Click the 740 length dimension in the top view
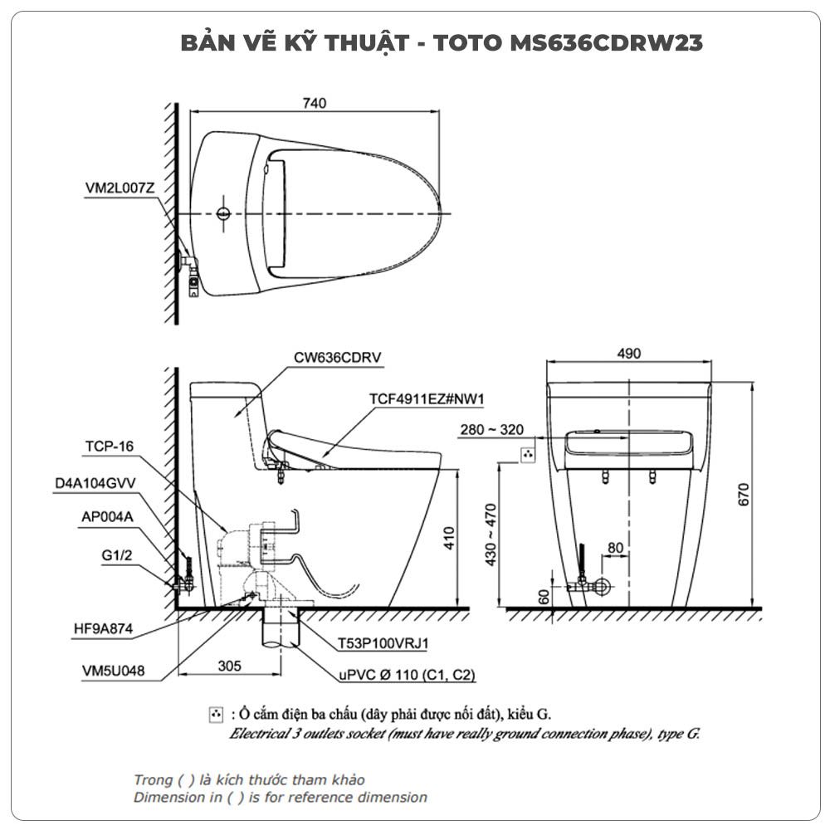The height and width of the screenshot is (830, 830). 315,103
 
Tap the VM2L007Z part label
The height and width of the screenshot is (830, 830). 120,188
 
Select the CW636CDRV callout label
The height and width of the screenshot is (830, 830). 337,357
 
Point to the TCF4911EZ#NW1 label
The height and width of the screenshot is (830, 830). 427,398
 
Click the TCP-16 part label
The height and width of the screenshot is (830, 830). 110,447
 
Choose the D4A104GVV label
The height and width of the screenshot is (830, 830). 95,483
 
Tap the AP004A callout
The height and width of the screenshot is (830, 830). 107,516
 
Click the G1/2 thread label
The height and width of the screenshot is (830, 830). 116,555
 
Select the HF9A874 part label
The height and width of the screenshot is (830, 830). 103,629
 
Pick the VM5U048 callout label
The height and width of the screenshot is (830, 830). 113,671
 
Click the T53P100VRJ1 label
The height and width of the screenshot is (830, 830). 383,644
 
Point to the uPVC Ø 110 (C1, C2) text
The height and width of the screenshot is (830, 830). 407,675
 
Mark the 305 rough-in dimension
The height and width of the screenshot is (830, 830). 229,666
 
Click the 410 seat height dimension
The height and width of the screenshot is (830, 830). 449,539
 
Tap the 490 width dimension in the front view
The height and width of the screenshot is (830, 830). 629,353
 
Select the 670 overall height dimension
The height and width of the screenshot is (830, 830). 744,495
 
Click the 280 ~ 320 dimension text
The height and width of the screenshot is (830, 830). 491,429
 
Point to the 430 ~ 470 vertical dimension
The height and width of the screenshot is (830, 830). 491,535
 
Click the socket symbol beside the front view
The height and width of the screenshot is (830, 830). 528,455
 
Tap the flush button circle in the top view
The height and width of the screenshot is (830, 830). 224,213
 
